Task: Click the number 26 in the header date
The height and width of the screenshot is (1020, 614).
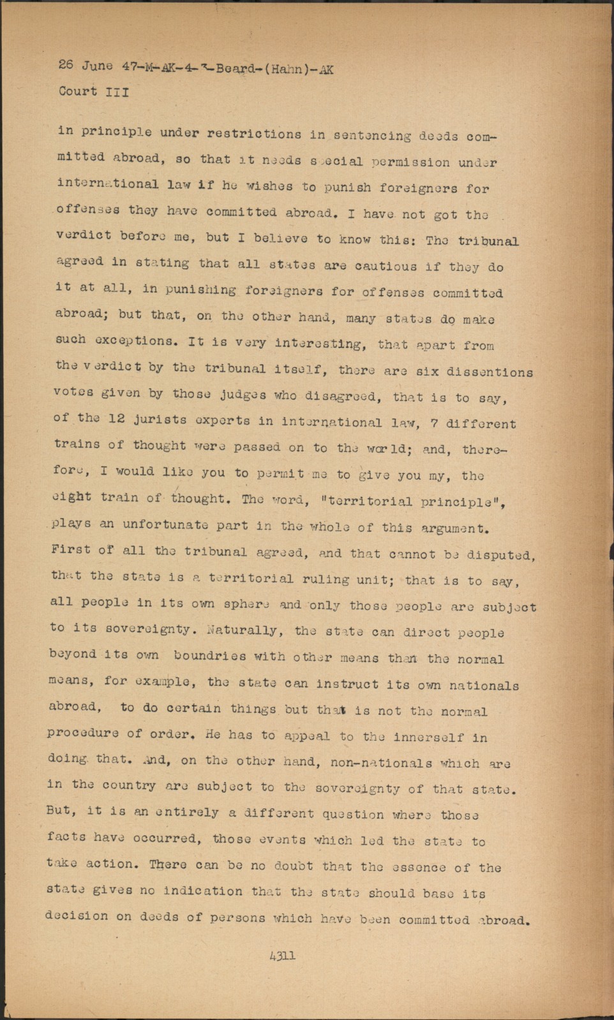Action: pos(66,64)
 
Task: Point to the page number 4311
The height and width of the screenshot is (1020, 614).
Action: pos(283,955)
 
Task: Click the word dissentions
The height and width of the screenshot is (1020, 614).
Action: pos(490,372)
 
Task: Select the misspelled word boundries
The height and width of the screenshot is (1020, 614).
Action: pos(209,655)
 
